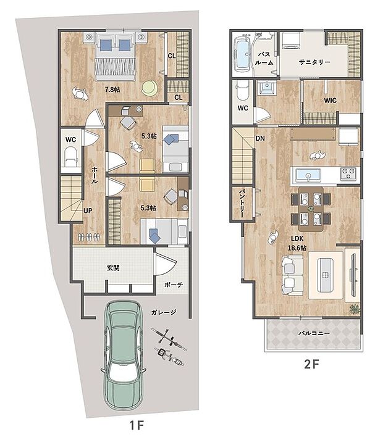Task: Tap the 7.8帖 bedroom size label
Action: (112, 89)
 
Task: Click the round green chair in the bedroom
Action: (149, 88)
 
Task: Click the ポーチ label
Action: (173, 285)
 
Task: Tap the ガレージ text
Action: (164, 312)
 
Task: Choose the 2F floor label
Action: (311, 364)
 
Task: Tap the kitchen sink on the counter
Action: (307, 175)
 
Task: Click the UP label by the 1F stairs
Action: (88, 210)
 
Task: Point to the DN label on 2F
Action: (260, 138)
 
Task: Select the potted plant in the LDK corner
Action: (354, 308)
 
